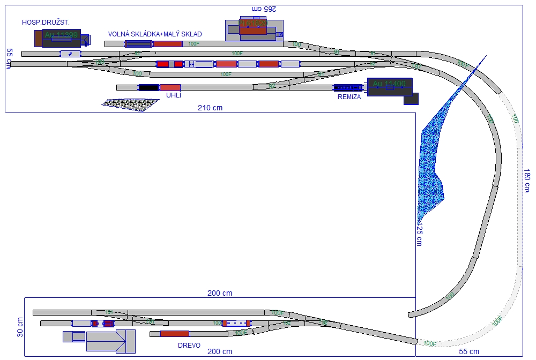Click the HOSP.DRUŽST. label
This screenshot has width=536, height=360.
click(x=46, y=22)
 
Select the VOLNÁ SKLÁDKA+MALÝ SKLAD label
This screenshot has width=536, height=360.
click(x=155, y=34)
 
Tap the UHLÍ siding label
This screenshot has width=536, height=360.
click(x=174, y=95)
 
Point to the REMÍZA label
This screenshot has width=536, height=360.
click(x=349, y=97)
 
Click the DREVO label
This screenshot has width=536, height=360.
click(x=189, y=346)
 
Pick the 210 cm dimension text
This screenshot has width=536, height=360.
click(x=210, y=108)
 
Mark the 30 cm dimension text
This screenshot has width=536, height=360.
click(x=20, y=327)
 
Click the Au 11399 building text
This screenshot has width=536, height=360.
click(x=61, y=35)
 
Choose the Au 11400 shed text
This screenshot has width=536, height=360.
click(x=389, y=84)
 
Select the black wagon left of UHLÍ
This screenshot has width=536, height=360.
click(x=148, y=87)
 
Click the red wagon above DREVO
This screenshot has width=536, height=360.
click(x=174, y=334)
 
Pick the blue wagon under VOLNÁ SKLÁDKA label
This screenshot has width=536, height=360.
click(x=138, y=44)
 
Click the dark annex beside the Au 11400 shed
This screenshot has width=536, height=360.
click(x=411, y=99)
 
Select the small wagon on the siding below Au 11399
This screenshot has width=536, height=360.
click(x=70, y=54)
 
